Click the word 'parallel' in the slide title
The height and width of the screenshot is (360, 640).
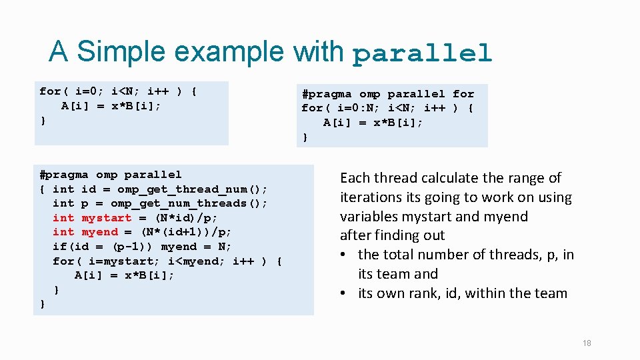click(x=421, y=53)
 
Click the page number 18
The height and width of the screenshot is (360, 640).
click(x=586, y=343)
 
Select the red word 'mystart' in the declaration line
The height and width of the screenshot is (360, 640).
click(x=106, y=218)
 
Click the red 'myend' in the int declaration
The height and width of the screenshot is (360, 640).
click(x=99, y=232)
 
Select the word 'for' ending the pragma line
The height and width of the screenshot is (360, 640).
click(x=463, y=94)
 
